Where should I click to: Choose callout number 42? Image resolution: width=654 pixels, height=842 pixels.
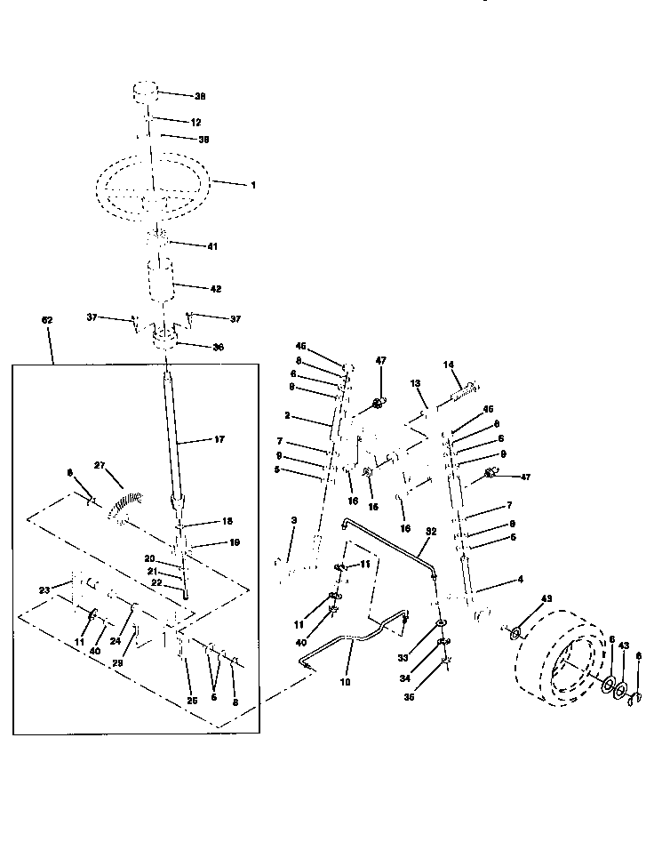point(215,288)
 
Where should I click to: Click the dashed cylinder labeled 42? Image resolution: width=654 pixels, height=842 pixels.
point(163,283)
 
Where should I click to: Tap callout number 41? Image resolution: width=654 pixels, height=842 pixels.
point(211,245)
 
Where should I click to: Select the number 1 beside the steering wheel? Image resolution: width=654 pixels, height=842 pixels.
point(252,186)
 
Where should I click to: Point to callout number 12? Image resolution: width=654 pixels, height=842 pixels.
point(196,122)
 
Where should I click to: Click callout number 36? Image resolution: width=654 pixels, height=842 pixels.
point(219,349)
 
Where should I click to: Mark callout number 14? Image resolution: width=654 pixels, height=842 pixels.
point(449,365)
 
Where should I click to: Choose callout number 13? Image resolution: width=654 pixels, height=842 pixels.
point(415,382)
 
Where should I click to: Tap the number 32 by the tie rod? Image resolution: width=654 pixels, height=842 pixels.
point(432,533)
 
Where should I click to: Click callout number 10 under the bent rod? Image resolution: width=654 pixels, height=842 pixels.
point(345,682)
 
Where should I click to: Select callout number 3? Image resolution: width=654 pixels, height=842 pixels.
point(294,520)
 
